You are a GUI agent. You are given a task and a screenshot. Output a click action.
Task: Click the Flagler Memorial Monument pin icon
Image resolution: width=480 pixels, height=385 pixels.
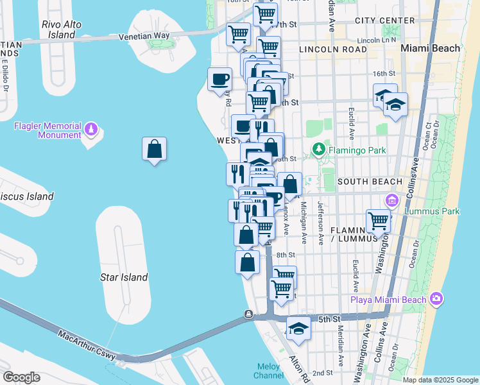point(92,130)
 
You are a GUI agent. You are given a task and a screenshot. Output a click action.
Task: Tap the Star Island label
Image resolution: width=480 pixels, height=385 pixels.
point(124,278)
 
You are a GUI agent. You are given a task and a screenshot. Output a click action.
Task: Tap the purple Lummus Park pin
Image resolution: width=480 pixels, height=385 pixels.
point(391,201)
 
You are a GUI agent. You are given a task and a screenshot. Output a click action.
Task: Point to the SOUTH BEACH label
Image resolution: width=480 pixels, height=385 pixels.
point(370,182)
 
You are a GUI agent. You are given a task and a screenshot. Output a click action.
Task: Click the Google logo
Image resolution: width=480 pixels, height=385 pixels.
point(21,377)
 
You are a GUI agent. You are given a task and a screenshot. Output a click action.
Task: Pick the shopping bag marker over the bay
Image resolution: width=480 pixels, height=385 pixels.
point(155,150)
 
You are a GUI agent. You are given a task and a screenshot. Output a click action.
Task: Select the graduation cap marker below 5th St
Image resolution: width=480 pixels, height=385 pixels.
point(298,329)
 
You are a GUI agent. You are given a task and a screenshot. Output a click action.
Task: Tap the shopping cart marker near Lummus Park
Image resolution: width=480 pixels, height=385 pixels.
point(379,221)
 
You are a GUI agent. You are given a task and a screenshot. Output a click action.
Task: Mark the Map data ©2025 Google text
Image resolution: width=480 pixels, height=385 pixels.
point(440,380)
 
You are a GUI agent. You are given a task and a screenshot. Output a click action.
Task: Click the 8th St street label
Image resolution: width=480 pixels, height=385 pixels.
point(285,255)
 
